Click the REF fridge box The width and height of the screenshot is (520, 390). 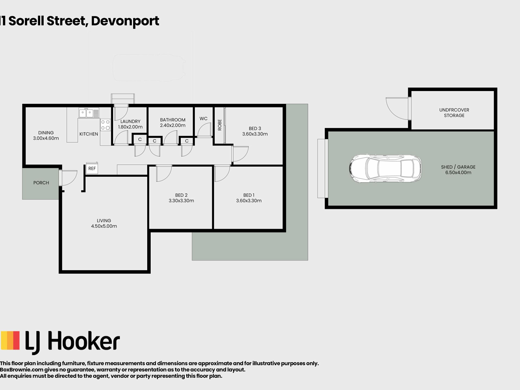[92, 168]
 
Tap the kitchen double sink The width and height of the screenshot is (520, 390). [86, 113]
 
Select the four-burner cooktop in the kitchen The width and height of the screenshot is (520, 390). [105, 125]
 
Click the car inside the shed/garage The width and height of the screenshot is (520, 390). [385, 168]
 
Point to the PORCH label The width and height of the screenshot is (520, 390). [41, 183]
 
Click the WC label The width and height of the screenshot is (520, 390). [203, 119]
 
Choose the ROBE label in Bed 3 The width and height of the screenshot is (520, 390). [220, 125]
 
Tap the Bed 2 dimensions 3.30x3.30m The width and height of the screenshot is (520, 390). [181, 201]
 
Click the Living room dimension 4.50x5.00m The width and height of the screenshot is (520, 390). [104, 226]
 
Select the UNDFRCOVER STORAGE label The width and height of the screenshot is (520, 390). [454, 113]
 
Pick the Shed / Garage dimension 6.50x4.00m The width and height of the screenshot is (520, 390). [458, 173]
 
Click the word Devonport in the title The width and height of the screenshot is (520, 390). [125, 21]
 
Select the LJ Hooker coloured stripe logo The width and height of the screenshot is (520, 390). [10, 340]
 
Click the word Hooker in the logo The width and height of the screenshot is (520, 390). [84, 341]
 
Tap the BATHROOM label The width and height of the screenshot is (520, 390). [173, 120]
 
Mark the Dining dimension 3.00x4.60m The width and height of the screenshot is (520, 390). [46, 138]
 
